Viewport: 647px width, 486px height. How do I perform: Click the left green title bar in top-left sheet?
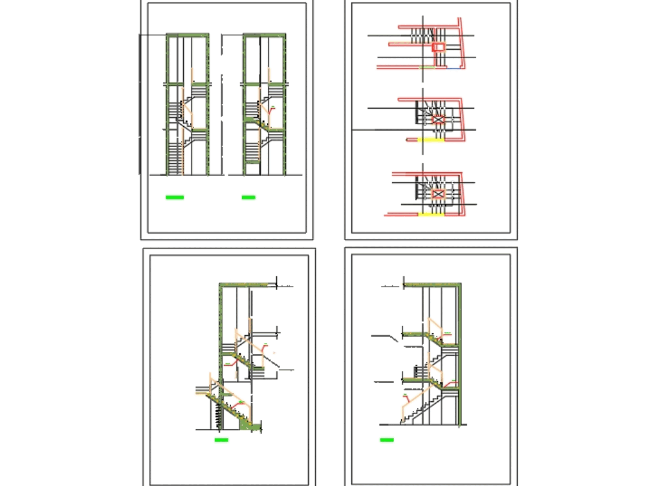click(175, 197)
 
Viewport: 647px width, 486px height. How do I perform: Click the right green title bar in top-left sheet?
click(248, 197)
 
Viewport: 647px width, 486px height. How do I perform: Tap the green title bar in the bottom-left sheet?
click(221, 440)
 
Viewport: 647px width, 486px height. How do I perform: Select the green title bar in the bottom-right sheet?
click(387, 440)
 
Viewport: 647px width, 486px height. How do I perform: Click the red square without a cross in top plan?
click(439, 47)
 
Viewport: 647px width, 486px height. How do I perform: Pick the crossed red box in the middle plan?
click(439, 119)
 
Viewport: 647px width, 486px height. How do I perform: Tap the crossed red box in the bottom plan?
click(437, 193)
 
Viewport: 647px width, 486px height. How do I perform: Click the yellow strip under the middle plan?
click(430, 139)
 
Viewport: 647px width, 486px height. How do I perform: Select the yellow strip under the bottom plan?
click(430, 214)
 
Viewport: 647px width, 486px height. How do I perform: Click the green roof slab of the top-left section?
click(187, 35)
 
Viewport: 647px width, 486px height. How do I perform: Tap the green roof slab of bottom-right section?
click(432, 284)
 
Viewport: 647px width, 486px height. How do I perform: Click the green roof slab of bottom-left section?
click(246, 284)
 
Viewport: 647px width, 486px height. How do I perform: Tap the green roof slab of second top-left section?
click(264, 35)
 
